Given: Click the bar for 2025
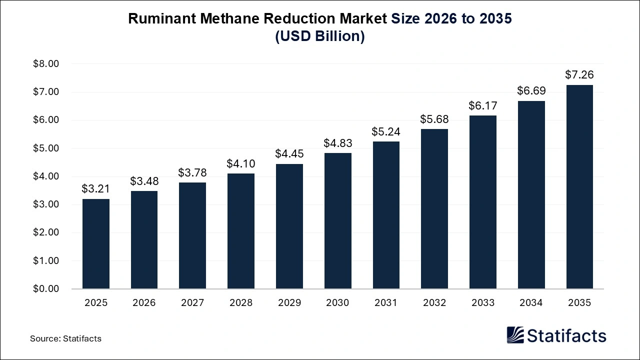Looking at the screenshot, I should tap(96, 243).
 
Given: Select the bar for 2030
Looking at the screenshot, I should tap(338, 220).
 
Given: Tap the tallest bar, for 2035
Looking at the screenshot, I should tap(579, 186).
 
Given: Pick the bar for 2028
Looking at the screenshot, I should tap(241, 231).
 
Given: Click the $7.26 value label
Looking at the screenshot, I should tap(579, 75).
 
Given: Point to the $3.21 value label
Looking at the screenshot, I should tap(96, 189).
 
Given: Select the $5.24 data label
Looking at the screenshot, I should tap(386, 131).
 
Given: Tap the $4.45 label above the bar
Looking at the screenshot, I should tap(289, 154).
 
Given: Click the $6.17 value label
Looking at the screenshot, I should tap(483, 105).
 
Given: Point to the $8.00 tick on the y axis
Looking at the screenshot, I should tap(46, 64).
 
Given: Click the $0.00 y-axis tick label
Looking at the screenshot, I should tap(46, 289).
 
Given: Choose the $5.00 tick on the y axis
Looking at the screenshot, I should tap(46, 148).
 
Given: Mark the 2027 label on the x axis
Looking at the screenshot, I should tap(192, 303).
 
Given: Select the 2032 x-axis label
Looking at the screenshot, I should tap(434, 303).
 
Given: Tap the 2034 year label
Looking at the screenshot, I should tap(531, 303).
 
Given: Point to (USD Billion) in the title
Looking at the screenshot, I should tap(320, 36).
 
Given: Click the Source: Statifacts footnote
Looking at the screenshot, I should tap(65, 338).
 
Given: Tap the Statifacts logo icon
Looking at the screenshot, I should tap(516, 335).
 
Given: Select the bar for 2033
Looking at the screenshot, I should tap(483, 202).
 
